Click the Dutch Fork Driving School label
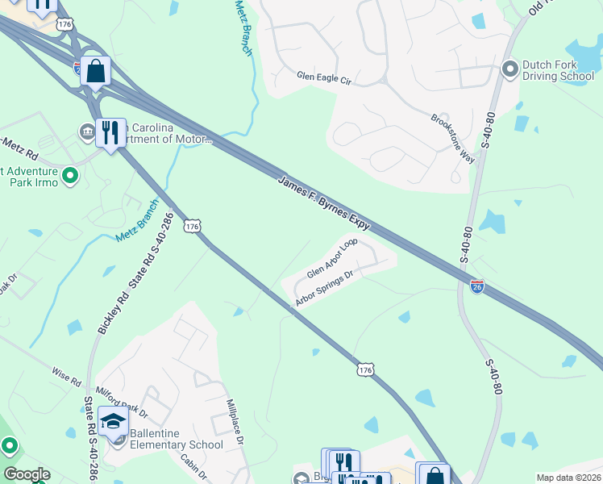coord(555,70)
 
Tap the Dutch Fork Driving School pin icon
coord(509,69)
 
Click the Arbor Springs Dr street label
coord(325,289)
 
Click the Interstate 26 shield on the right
coord(477,286)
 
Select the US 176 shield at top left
coord(65,24)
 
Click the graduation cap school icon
coord(113,421)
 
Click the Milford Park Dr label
coord(122,401)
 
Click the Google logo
coord(27,474)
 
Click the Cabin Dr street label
coord(193,469)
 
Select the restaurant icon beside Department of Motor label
coord(110,132)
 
